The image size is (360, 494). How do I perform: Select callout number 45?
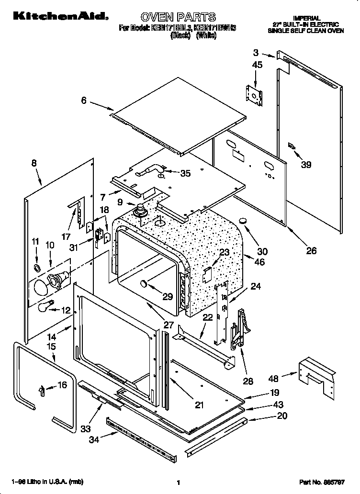point(257,65)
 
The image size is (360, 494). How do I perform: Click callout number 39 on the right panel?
point(306,165)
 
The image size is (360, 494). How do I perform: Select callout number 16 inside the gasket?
point(62,385)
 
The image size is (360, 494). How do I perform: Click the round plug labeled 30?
point(243,221)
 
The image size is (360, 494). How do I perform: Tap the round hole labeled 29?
point(143,286)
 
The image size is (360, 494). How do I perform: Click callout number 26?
point(311,250)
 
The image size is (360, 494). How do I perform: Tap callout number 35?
point(185,173)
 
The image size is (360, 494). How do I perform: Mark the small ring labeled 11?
point(37,266)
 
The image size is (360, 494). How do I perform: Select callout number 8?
point(34,163)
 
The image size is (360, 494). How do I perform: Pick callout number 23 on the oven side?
point(224,252)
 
